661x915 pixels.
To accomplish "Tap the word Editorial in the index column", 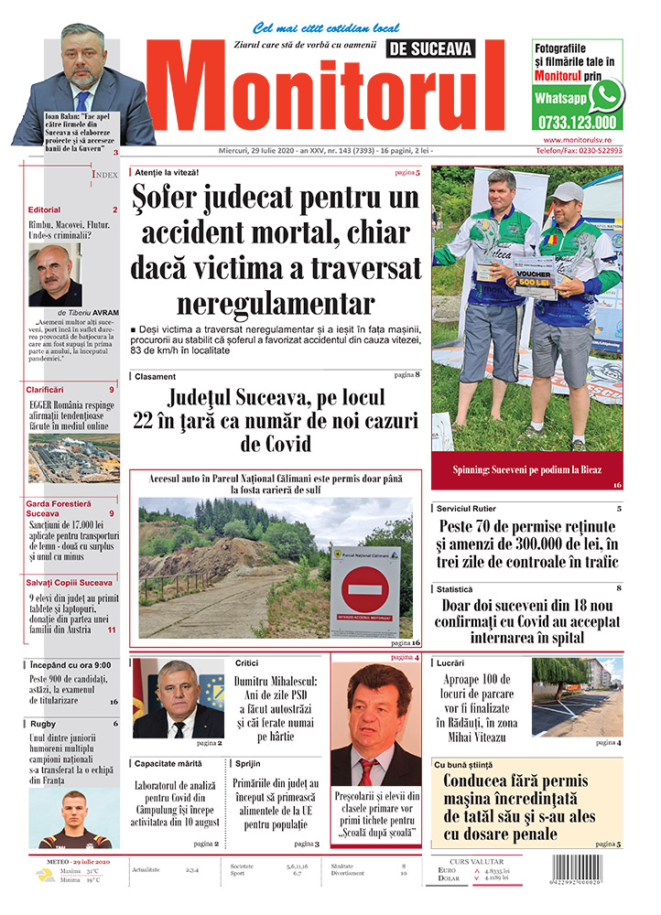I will click(44, 210).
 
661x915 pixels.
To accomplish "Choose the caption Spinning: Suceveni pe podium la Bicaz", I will click(526, 469).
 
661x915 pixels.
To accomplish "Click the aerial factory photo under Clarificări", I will click(72, 458).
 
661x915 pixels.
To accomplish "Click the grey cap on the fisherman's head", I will click(567, 191).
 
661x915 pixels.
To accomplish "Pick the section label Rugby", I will click(43, 724).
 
